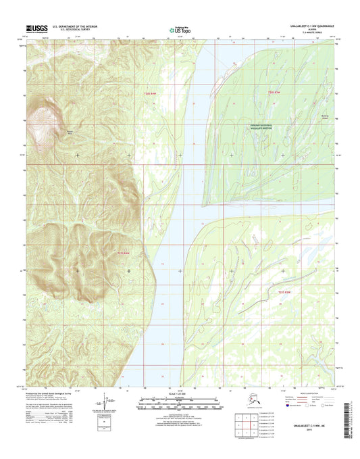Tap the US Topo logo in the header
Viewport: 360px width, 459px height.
click(179, 29)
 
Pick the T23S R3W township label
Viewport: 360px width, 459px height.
click(286, 291)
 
